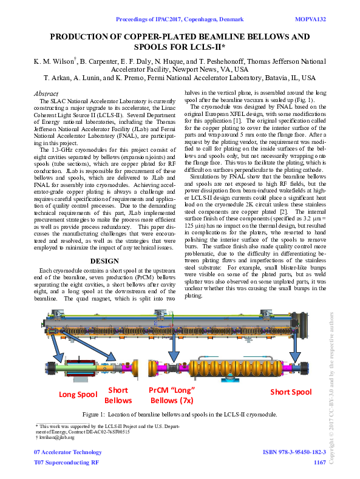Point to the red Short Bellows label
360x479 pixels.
click(x=118, y=395)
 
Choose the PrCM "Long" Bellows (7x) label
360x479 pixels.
click(x=172, y=395)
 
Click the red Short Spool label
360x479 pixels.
click(x=290, y=392)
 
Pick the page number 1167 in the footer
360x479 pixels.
click(x=320, y=463)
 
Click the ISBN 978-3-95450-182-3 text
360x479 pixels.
click(x=294, y=453)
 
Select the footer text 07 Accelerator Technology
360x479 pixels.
click(x=67, y=453)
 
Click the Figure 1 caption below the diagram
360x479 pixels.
click(x=180, y=415)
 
